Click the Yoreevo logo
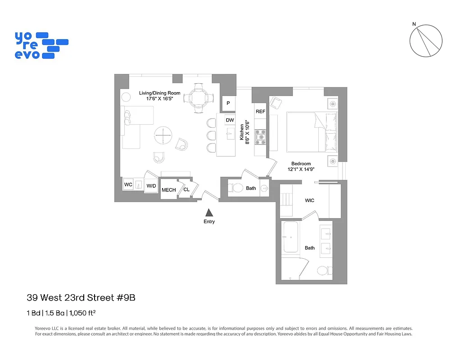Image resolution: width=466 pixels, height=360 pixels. pos(41,45)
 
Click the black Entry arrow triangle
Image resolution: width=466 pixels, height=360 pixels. pos(209,213)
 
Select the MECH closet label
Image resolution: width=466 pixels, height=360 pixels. pos(169,190)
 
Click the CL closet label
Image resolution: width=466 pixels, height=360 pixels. pos(186,189)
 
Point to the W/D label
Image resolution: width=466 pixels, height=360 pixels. pos(151,186)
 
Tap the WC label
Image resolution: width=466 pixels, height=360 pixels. pos(128,184)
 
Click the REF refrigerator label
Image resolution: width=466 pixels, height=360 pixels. pos(260,111)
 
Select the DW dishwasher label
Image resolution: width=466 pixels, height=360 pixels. pos(230,120)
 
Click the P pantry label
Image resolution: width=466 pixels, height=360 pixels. pos(228,103)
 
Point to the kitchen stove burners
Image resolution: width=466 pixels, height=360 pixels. pos(260,137)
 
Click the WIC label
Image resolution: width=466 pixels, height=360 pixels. pos(309,200)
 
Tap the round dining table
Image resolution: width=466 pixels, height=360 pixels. pos(199,96)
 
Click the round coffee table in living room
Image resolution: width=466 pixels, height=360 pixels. pos(163,135)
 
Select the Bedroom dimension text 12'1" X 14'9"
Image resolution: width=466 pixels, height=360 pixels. pos(301,169)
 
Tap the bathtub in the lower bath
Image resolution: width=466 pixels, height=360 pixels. pos(290,237)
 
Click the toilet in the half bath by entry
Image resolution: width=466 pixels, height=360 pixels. pos(237,188)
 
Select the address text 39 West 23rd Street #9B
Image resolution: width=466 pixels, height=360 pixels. pos(81,297)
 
